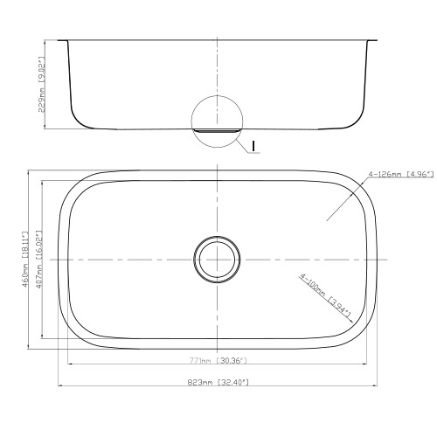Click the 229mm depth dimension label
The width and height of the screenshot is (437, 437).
[x=42, y=85]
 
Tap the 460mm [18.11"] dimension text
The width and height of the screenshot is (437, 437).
[x=25, y=260]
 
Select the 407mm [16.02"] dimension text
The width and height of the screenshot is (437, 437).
[x=39, y=260]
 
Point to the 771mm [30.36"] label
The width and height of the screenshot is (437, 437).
[x=218, y=361]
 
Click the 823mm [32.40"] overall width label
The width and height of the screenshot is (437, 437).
[x=218, y=382]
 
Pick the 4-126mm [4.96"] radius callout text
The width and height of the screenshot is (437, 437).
[x=401, y=174]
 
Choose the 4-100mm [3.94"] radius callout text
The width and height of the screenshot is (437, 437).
[x=325, y=295]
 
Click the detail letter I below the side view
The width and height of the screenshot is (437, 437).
[x=253, y=146]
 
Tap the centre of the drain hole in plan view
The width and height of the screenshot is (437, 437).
[x=217, y=260]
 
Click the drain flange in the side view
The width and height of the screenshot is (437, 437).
[x=217, y=131]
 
